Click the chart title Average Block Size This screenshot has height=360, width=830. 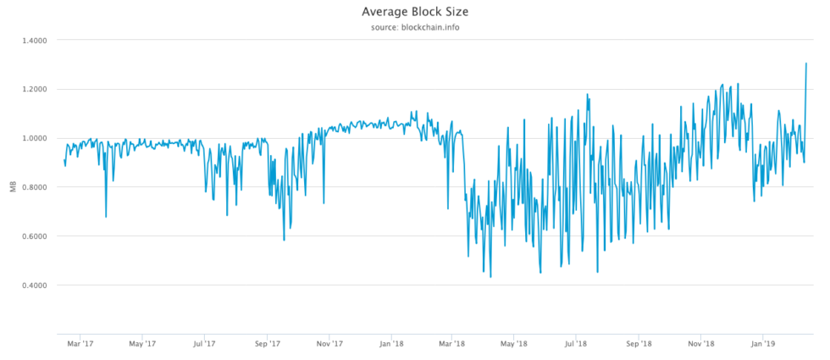pos(414,12)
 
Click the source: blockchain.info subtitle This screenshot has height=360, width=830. pos(414,27)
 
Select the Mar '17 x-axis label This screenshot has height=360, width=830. pos(80,344)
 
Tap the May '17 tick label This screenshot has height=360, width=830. pos(142,344)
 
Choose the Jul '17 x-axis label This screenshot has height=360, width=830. pos(204,344)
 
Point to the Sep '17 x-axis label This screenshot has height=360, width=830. pos(268,344)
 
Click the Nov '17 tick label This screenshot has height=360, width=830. pos(329,344)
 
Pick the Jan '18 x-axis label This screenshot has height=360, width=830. pos(391,344)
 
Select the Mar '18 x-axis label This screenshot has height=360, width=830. pos(453,344)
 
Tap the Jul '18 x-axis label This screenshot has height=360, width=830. pos(577,344)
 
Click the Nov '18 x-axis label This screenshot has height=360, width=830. pos(701,344)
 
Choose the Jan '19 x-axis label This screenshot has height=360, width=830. pos(764,344)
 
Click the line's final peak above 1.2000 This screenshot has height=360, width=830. pos(806,64)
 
